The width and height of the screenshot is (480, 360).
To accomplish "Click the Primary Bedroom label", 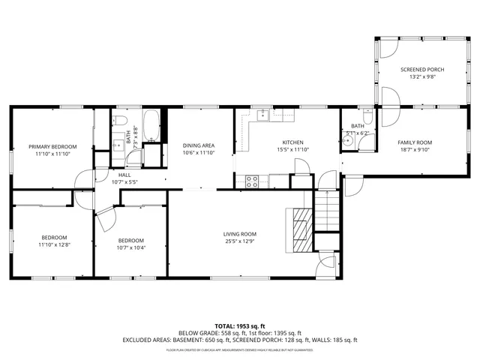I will (x=52, y=146).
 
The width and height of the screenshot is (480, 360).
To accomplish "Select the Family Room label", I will (x=414, y=142).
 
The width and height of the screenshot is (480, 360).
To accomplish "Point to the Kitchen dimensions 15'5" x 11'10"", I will (x=292, y=149).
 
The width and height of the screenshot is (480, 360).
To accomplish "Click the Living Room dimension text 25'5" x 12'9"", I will (x=240, y=242).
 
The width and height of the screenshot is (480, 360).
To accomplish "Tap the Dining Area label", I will (x=199, y=145).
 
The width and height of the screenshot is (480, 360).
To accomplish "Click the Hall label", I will (x=124, y=174).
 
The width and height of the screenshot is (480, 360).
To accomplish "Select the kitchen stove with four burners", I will (x=253, y=180).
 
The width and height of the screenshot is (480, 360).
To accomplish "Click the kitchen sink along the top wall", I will (x=264, y=115).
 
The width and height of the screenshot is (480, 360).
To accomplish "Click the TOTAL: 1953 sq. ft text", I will (x=239, y=326).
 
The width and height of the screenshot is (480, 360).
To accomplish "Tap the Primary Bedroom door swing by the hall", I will (x=85, y=178).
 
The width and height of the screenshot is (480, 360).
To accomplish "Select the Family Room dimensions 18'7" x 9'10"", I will (x=414, y=149).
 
